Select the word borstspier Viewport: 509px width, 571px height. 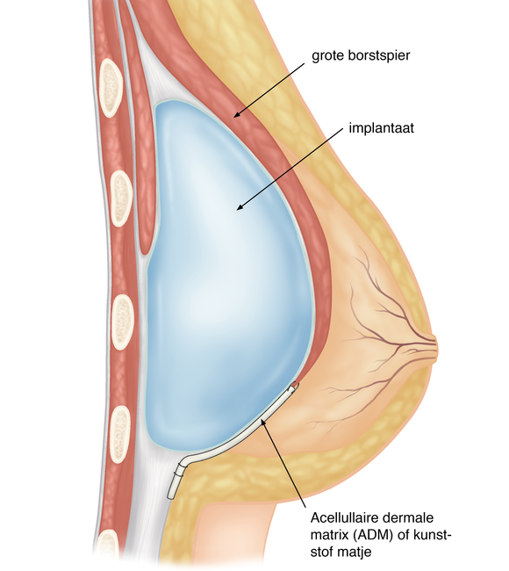click(x=377, y=55)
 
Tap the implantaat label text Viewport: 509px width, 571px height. click(x=381, y=128)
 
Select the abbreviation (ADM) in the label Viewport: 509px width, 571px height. click(x=371, y=535)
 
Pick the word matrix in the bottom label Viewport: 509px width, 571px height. click(x=329, y=535)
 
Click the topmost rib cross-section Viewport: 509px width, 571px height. click(x=111, y=88)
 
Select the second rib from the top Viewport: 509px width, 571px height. click(x=121, y=199)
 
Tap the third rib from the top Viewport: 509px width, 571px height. click(x=123, y=322)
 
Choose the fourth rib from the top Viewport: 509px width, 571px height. click(x=120, y=434)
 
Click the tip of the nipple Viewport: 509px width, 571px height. click(x=437, y=347)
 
